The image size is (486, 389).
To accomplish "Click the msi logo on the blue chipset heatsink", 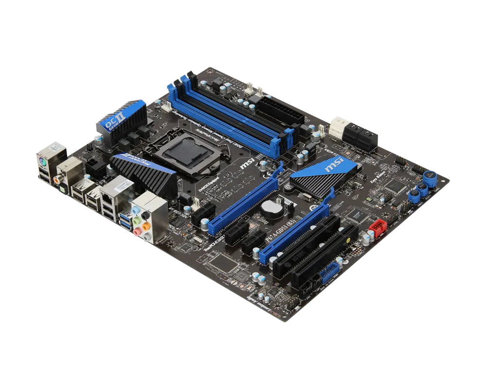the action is pos(334,165).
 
